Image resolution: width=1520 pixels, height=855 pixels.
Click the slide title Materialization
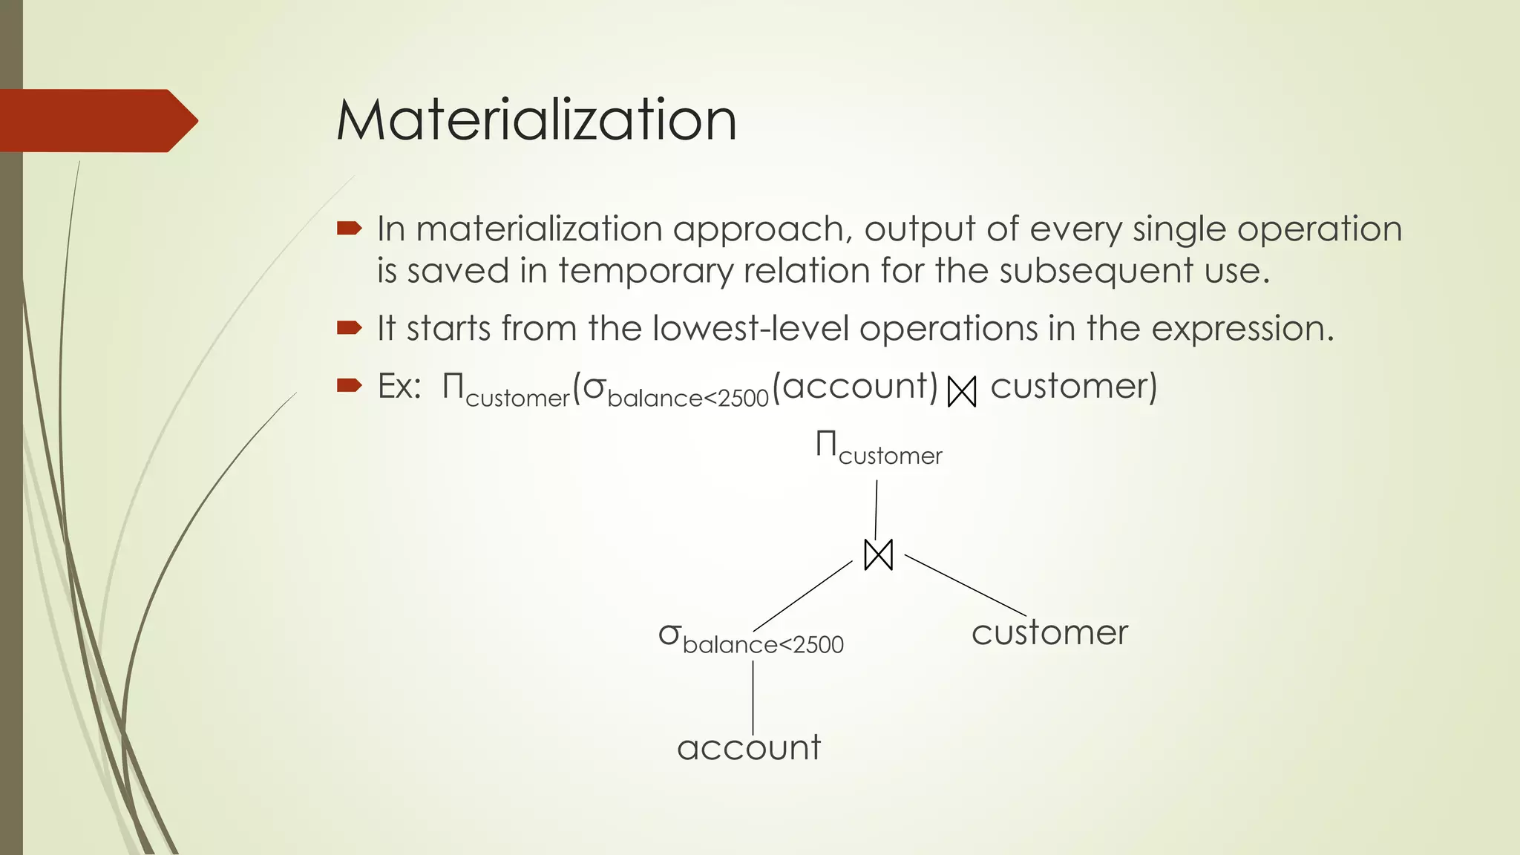pyautogui.click(x=536, y=120)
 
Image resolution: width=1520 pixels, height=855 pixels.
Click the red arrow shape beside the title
pyautogui.click(x=96, y=121)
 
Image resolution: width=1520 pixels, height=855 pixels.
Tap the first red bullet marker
pyautogui.click(x=348, y=229)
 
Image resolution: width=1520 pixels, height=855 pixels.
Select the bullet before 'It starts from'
pyautogui.click(x=348, y=327)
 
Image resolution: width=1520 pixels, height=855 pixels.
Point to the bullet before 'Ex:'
pyautogui.click(x=348, y=385)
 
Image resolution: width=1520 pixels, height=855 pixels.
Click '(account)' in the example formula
pyautogui.click(x=855, y=387)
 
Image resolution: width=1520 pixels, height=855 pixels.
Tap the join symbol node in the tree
pyautogui.click(x=879, y=555)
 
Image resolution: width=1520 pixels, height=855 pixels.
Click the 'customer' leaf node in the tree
pyautogui.click(x=1049, y=633)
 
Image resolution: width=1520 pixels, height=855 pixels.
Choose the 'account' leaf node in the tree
pyautogui.click(x=749, y=747)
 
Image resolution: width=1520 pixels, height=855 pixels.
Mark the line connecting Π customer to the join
pyautogui.click(x=877, y=510)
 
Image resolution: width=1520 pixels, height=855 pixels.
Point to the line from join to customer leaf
pyautogui.click(x=965, y=585)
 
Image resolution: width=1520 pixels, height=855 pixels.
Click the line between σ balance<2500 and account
pyautogui.click(x=753, y=698)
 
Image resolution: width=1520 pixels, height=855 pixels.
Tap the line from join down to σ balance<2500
pyautogui.click(x=803, y=596)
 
